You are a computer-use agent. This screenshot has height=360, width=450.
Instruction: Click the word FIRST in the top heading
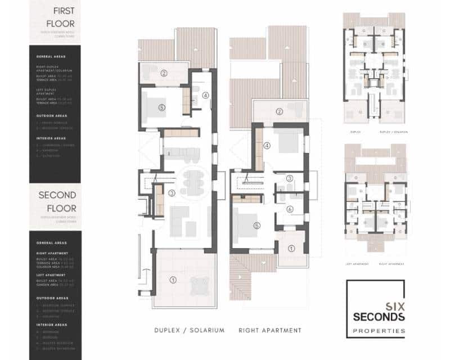(62, 11)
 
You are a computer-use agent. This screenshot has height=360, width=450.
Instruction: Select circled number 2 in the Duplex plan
(164, 73)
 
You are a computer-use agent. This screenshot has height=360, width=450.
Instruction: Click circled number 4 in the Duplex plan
(205, 96)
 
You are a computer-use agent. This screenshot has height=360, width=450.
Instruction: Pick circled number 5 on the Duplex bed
(161, 107)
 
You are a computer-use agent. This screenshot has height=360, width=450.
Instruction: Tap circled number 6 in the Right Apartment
(290, 209)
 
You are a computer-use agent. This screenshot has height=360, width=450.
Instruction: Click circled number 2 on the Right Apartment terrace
(279, 111)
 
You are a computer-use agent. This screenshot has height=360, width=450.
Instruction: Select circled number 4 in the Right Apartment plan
(267, 145)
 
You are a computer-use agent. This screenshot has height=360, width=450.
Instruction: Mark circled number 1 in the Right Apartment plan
(291, 248)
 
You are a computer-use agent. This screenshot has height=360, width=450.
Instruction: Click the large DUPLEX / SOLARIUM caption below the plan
(189, 330)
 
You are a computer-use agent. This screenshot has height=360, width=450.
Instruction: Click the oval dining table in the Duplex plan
(191, 182)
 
